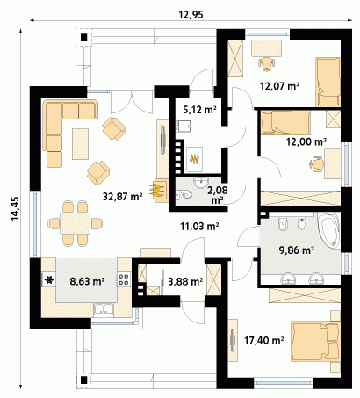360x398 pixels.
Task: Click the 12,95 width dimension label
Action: click(191, 15)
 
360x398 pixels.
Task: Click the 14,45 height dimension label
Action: click(15, 208)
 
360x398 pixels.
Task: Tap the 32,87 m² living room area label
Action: click(122, 197)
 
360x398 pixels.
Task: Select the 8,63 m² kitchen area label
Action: click(87, 281)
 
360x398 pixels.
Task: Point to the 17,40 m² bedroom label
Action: click(264, 340)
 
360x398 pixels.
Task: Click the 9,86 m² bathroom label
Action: click(297, 250)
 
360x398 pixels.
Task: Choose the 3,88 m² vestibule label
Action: click(185, 281)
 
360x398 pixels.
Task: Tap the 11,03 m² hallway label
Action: click(200, 226)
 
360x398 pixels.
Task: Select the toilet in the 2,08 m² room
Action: click(184, 194)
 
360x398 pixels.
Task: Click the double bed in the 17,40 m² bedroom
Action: click(315, 342)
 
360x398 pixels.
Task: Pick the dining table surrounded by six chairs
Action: click(75, 223)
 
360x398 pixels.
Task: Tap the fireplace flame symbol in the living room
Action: click(156, 191)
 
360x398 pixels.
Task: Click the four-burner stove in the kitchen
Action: click(124, 279)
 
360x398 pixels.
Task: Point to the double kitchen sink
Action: click(104, 309)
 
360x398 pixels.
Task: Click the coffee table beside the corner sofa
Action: click(80, 144)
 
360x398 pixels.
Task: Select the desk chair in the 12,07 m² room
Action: click(266, 63)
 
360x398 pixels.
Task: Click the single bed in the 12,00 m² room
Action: click(285, 122)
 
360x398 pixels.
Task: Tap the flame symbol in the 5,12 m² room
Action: click(195, 159)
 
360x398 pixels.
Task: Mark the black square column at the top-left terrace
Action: click(84, 38)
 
